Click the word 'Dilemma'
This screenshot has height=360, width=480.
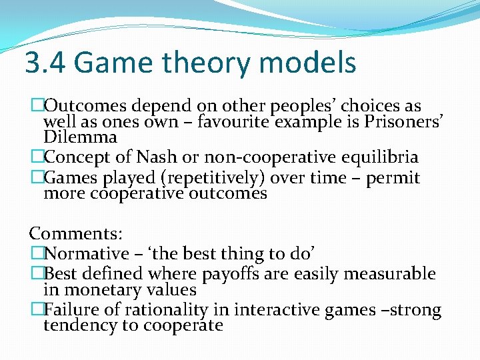(x=80, y=137)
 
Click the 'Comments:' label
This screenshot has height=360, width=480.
(x=75, y=233)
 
